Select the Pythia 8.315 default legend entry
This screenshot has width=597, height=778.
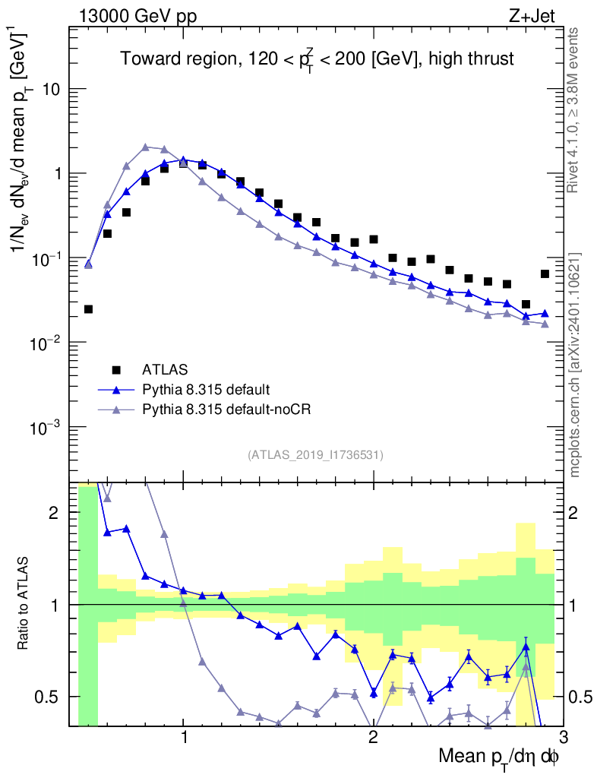click(205, 390)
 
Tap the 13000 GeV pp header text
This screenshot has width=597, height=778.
click(137, 16)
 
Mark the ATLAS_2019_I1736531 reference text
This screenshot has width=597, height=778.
click(315, 455)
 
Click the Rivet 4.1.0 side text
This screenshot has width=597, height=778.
click(574, 110)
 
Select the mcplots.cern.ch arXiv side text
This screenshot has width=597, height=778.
click(574, 365)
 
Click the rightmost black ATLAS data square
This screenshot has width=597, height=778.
click(545, 274)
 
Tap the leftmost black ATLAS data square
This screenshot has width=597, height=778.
click(88, 309)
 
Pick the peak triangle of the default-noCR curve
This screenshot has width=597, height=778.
click(145, 147)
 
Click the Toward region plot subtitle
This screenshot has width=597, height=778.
click(317, 60)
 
